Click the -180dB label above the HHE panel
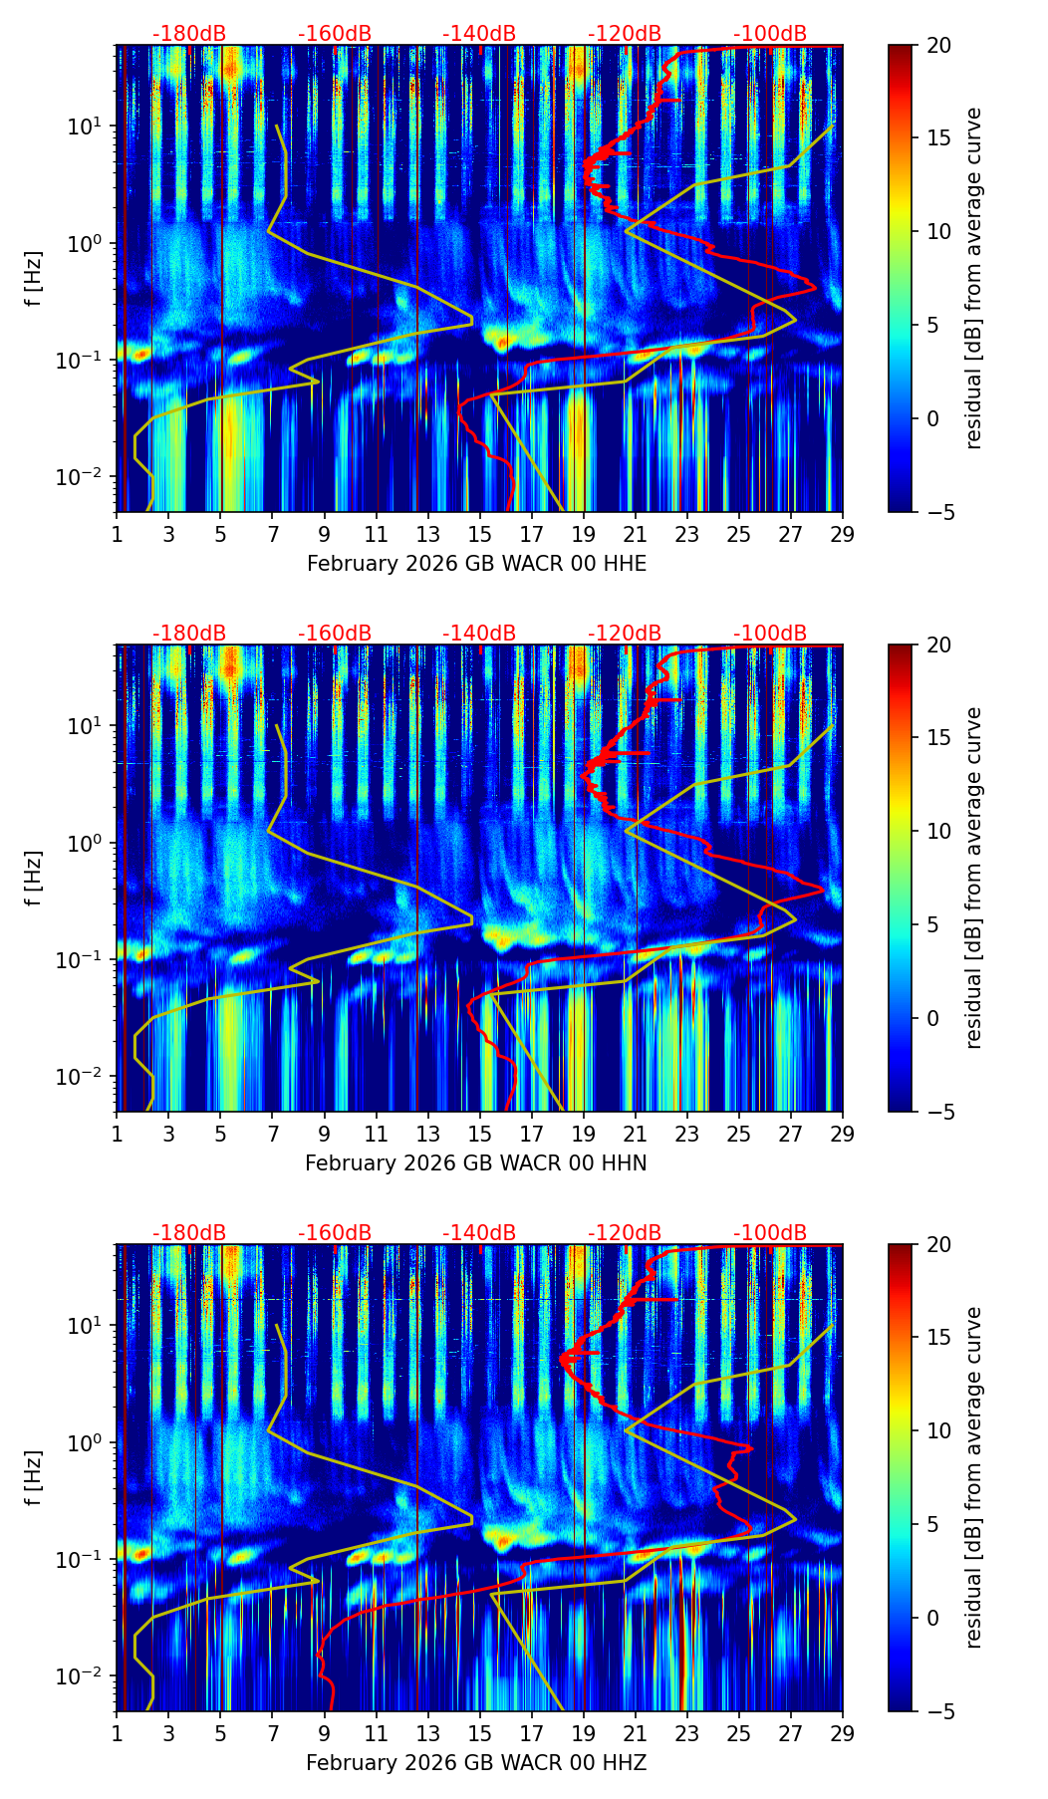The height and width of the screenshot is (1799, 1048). (189, 34)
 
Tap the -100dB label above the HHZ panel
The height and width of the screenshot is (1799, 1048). (770, 1233)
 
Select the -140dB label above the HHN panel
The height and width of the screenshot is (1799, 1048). (479, 634)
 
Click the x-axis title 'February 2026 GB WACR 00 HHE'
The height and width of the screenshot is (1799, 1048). (476, 564)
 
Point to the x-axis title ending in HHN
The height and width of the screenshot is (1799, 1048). (476, 1163)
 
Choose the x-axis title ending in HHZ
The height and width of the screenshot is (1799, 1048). (476, 1763)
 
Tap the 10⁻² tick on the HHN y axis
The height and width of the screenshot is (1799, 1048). (84, 1077)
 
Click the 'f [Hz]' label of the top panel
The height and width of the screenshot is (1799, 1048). (34, 278)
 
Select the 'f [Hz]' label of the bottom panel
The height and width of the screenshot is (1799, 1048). (34, 1477)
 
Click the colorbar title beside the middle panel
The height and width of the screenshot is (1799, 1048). (974, 878)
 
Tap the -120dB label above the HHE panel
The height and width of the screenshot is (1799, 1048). (625, 34)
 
